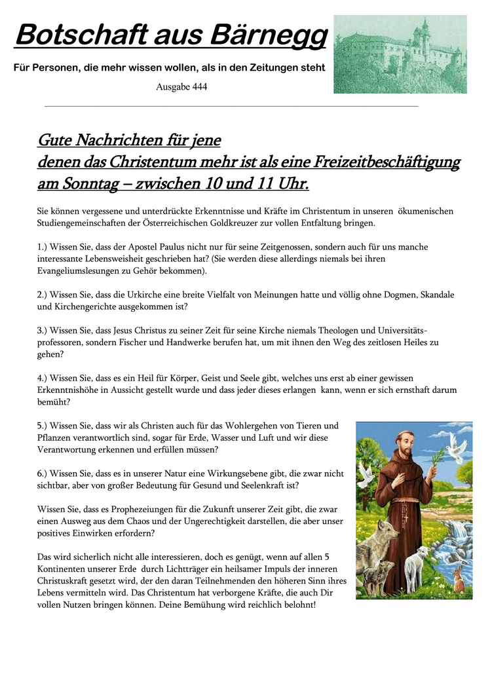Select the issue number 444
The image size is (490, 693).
(x=199, y=86)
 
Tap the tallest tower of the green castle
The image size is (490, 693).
(x=425, y=29)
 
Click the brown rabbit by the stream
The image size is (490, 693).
(x=458, y=578)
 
